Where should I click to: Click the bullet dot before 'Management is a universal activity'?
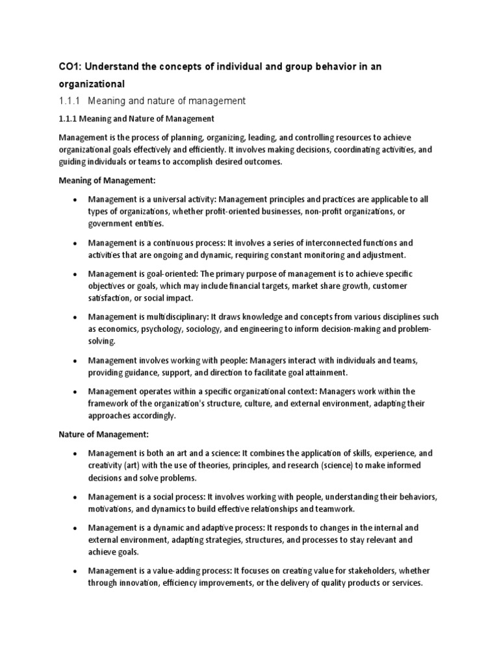click(x=76, y=199)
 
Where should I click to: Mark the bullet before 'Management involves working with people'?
click(x=76, y=360)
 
